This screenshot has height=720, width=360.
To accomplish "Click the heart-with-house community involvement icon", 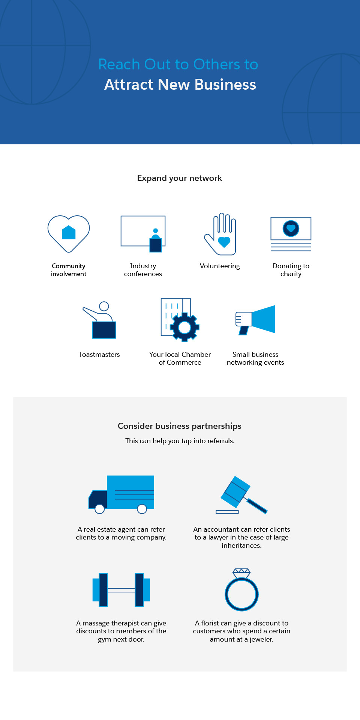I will click(x=69, y=233).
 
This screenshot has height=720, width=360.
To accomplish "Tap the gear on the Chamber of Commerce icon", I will click(x=184, y=328).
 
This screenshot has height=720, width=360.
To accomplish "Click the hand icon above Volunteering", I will click(x=221, y=235).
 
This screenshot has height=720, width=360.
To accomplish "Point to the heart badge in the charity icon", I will click(x=291, y=228).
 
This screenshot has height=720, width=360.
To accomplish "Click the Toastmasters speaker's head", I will click(x=104, y=306).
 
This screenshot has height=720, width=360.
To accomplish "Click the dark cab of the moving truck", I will click(x=98, y=499).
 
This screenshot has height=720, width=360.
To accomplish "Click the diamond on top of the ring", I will click(x=241, y=573).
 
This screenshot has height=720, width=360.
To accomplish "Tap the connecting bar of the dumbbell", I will click(x=121, y=590).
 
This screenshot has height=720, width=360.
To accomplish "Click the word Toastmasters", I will click(x=99, y=355).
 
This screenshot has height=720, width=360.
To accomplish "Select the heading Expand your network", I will click(x=180, y=178).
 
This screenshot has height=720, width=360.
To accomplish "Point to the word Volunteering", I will click(x=220, y=266).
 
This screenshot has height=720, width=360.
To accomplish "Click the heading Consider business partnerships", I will click(x=180, y=426).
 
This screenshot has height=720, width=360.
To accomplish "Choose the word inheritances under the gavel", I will click(x=241, y=546).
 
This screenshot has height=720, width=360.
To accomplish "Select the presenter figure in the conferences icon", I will click(x=156, y=241).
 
